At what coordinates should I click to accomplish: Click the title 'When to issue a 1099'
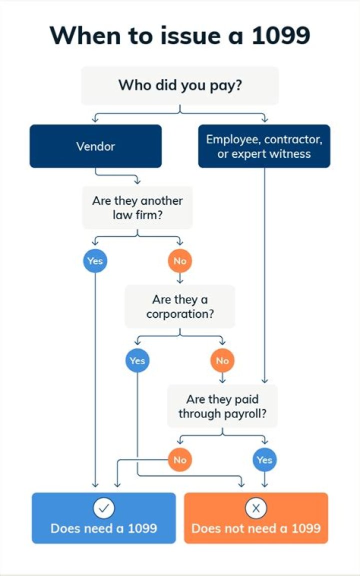[x=180, y=36]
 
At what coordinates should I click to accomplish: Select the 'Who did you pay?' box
[x=180, y=85]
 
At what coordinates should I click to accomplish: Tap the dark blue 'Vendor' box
[x=95, y=146]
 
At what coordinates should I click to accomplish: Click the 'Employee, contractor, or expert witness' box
[x=264, y=146]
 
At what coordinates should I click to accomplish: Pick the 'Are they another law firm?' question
[x=137, y=208]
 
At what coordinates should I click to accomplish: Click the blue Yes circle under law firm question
[x=95, y=261]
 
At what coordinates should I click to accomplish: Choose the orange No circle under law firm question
[x=180, y=261]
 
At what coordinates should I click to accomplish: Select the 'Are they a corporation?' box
[x=180, y=307]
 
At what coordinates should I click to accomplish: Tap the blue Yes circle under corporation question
[x=137, y=360]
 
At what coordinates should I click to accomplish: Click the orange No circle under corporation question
[x=222, y=360]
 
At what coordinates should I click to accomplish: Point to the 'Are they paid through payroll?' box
[x=222, y=406]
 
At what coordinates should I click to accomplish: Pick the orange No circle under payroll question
[x=180, y=459]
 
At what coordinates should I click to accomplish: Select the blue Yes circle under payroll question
[x=264, y=459]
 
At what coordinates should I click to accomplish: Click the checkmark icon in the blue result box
[x=103, y=508]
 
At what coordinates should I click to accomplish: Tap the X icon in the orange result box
[x=256, y=508]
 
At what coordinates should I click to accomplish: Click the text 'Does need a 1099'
[x=103, y=528]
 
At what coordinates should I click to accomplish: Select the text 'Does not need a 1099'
[x=256, y=528]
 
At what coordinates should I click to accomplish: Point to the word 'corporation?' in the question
[x=180, y=315]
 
